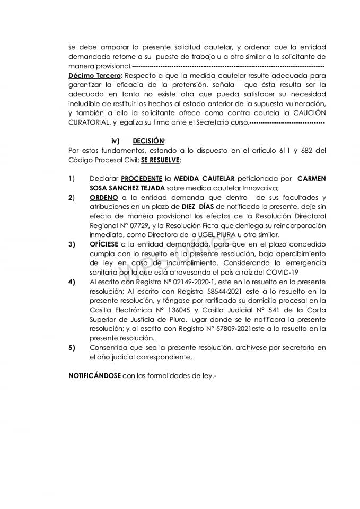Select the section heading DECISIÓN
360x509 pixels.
[148, 141]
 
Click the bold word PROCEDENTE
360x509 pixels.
[142, 179]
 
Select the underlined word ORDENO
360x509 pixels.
[104, 197]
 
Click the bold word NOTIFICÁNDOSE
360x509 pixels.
[94, 376]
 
